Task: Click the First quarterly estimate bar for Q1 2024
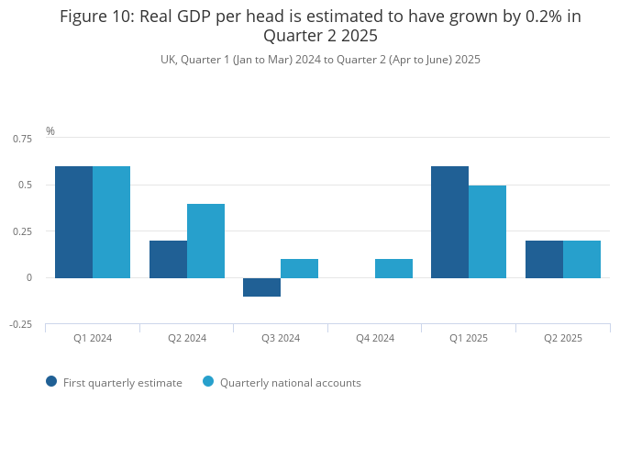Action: click(x=73, y=221)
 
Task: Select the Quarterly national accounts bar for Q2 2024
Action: click(x=205, y=241)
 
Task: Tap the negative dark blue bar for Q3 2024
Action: click(x=261, y=287)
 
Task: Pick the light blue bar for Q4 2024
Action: click(x=393, y=268)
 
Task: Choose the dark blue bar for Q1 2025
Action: click(x=449, y=221)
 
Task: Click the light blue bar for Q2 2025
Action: click(x=581, y=259)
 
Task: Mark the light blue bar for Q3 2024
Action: click(x=299, y=268)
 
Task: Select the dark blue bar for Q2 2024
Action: click(x=168, y=259)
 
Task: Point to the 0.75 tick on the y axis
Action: click(x=22, y=139)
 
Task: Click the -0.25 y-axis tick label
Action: click(x=20, y=324)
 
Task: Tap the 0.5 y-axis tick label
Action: click(x=25, y=185)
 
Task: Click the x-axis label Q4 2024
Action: click(x=375, y=338)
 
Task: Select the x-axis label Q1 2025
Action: click(x=469, y=338)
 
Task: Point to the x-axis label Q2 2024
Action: click(x=187, y=338)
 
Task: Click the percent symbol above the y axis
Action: click(x=50, y=131)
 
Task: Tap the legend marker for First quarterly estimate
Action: click(x=51, y=382)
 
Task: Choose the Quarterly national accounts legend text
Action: click(x=290, y=383)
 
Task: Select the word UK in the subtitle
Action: click(x=168, y=60)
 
